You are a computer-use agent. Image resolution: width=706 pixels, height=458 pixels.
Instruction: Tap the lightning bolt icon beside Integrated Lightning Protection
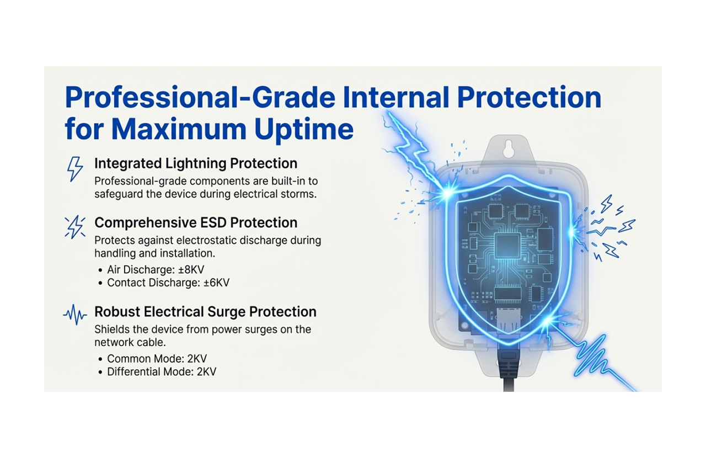click(74, 168)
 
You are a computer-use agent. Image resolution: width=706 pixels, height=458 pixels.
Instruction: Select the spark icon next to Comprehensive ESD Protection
click(74, 227)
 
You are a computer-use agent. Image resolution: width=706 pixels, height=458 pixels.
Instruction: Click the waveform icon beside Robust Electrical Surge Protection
click(75, 315)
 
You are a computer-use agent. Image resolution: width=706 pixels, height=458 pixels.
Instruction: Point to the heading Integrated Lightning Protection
click(196, 163)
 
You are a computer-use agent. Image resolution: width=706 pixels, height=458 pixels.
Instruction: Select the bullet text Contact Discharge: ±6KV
click(168, 283)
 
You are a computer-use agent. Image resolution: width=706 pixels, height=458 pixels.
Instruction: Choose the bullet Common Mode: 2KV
click(157, 359)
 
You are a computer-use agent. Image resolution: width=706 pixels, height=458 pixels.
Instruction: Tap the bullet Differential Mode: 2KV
click(162, 371)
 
